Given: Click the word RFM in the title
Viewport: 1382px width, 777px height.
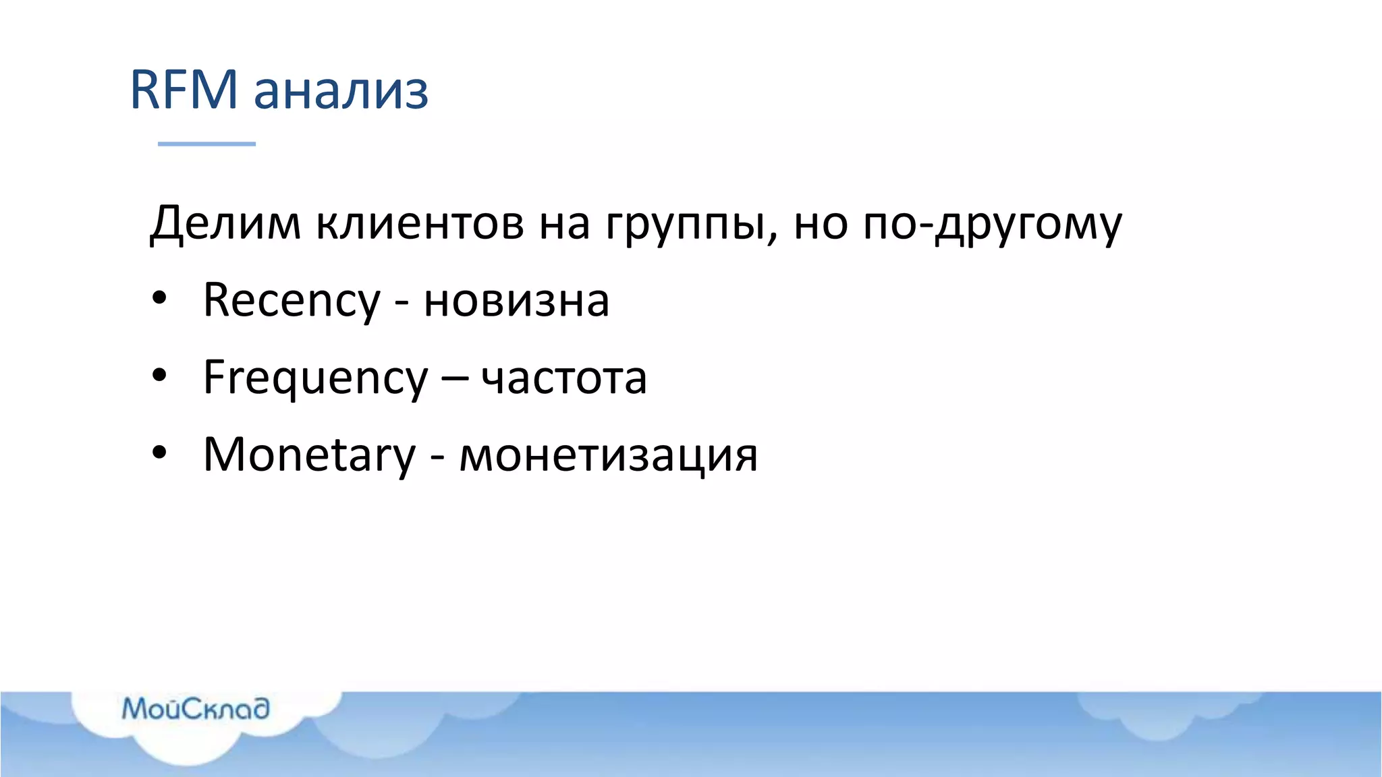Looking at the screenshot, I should (x=184, y=89).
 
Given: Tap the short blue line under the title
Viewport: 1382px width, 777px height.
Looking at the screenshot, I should (x=206, y=144).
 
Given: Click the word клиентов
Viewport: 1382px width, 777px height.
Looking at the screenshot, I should (x=420, y=223).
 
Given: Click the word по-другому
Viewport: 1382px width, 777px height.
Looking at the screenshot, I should (x=993, y=226).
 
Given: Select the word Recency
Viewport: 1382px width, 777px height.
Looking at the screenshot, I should (x=292, y=301).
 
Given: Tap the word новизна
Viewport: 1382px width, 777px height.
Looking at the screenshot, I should (x=516, y=301).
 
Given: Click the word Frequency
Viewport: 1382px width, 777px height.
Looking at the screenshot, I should (x=315, y=379).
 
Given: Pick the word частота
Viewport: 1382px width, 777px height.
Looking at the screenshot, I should (x=564, y=379).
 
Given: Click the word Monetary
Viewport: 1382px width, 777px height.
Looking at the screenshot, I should (x=309, y=456).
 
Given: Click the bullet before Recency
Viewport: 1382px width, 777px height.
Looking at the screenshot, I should (x=159, y=298).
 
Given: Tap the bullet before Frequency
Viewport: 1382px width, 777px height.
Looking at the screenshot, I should (x=159, y=376).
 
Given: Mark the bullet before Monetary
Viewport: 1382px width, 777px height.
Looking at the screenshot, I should (x=159, y=453).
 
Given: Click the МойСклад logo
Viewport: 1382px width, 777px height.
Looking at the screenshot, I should (x=195, y=709).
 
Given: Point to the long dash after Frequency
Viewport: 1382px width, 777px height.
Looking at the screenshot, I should (x=455, y=379).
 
